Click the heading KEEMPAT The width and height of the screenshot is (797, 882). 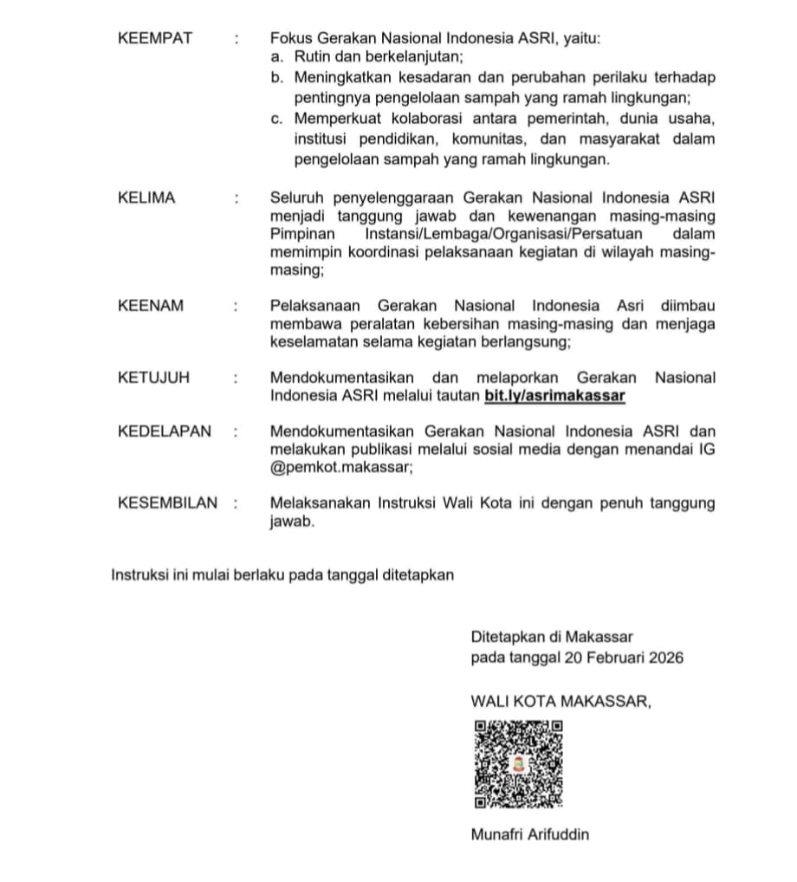pos(155,38)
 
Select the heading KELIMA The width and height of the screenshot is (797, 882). pos(146,198)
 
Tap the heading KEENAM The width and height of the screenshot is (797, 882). pos(151,306)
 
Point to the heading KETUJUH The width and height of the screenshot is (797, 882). pos(154,378)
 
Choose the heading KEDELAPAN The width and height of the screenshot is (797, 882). pos(165,431)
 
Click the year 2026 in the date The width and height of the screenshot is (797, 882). pos(664,658)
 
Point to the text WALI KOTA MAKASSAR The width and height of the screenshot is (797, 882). pos(560,701)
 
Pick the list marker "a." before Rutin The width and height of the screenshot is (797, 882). pos(276,58)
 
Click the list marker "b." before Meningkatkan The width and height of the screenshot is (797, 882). pos(276,78)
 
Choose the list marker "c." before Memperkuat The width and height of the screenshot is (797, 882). pos(276,119)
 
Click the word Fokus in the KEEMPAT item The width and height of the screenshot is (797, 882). pos(291,38)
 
